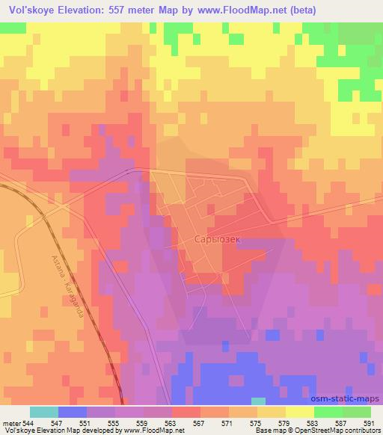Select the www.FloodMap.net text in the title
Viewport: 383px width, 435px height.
[228, 10]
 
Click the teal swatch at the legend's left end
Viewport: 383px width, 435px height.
[43, 411]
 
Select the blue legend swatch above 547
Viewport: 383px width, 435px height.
[72, 411]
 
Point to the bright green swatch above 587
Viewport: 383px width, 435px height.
[328, 411]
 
